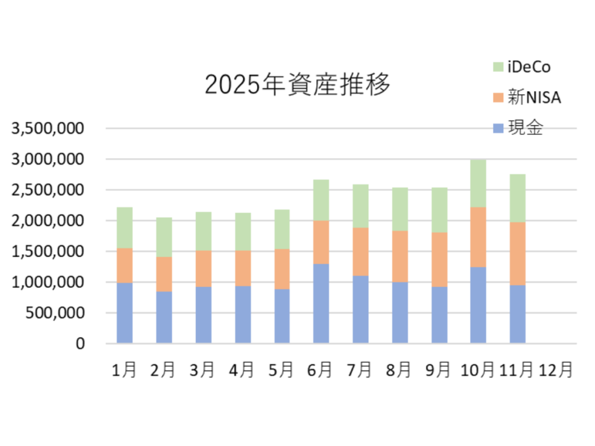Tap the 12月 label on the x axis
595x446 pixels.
556,370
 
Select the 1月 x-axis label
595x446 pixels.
124,370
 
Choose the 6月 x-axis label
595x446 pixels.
321,370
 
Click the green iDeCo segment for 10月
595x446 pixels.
478,183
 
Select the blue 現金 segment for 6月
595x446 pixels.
321,303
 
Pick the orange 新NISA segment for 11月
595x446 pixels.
518,253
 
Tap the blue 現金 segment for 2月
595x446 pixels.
164,317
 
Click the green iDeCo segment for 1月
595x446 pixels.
124,228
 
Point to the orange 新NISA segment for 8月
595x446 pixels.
400,256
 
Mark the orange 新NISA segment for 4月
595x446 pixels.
242,268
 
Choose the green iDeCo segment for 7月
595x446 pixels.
360,206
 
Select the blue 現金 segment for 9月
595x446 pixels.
439,315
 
